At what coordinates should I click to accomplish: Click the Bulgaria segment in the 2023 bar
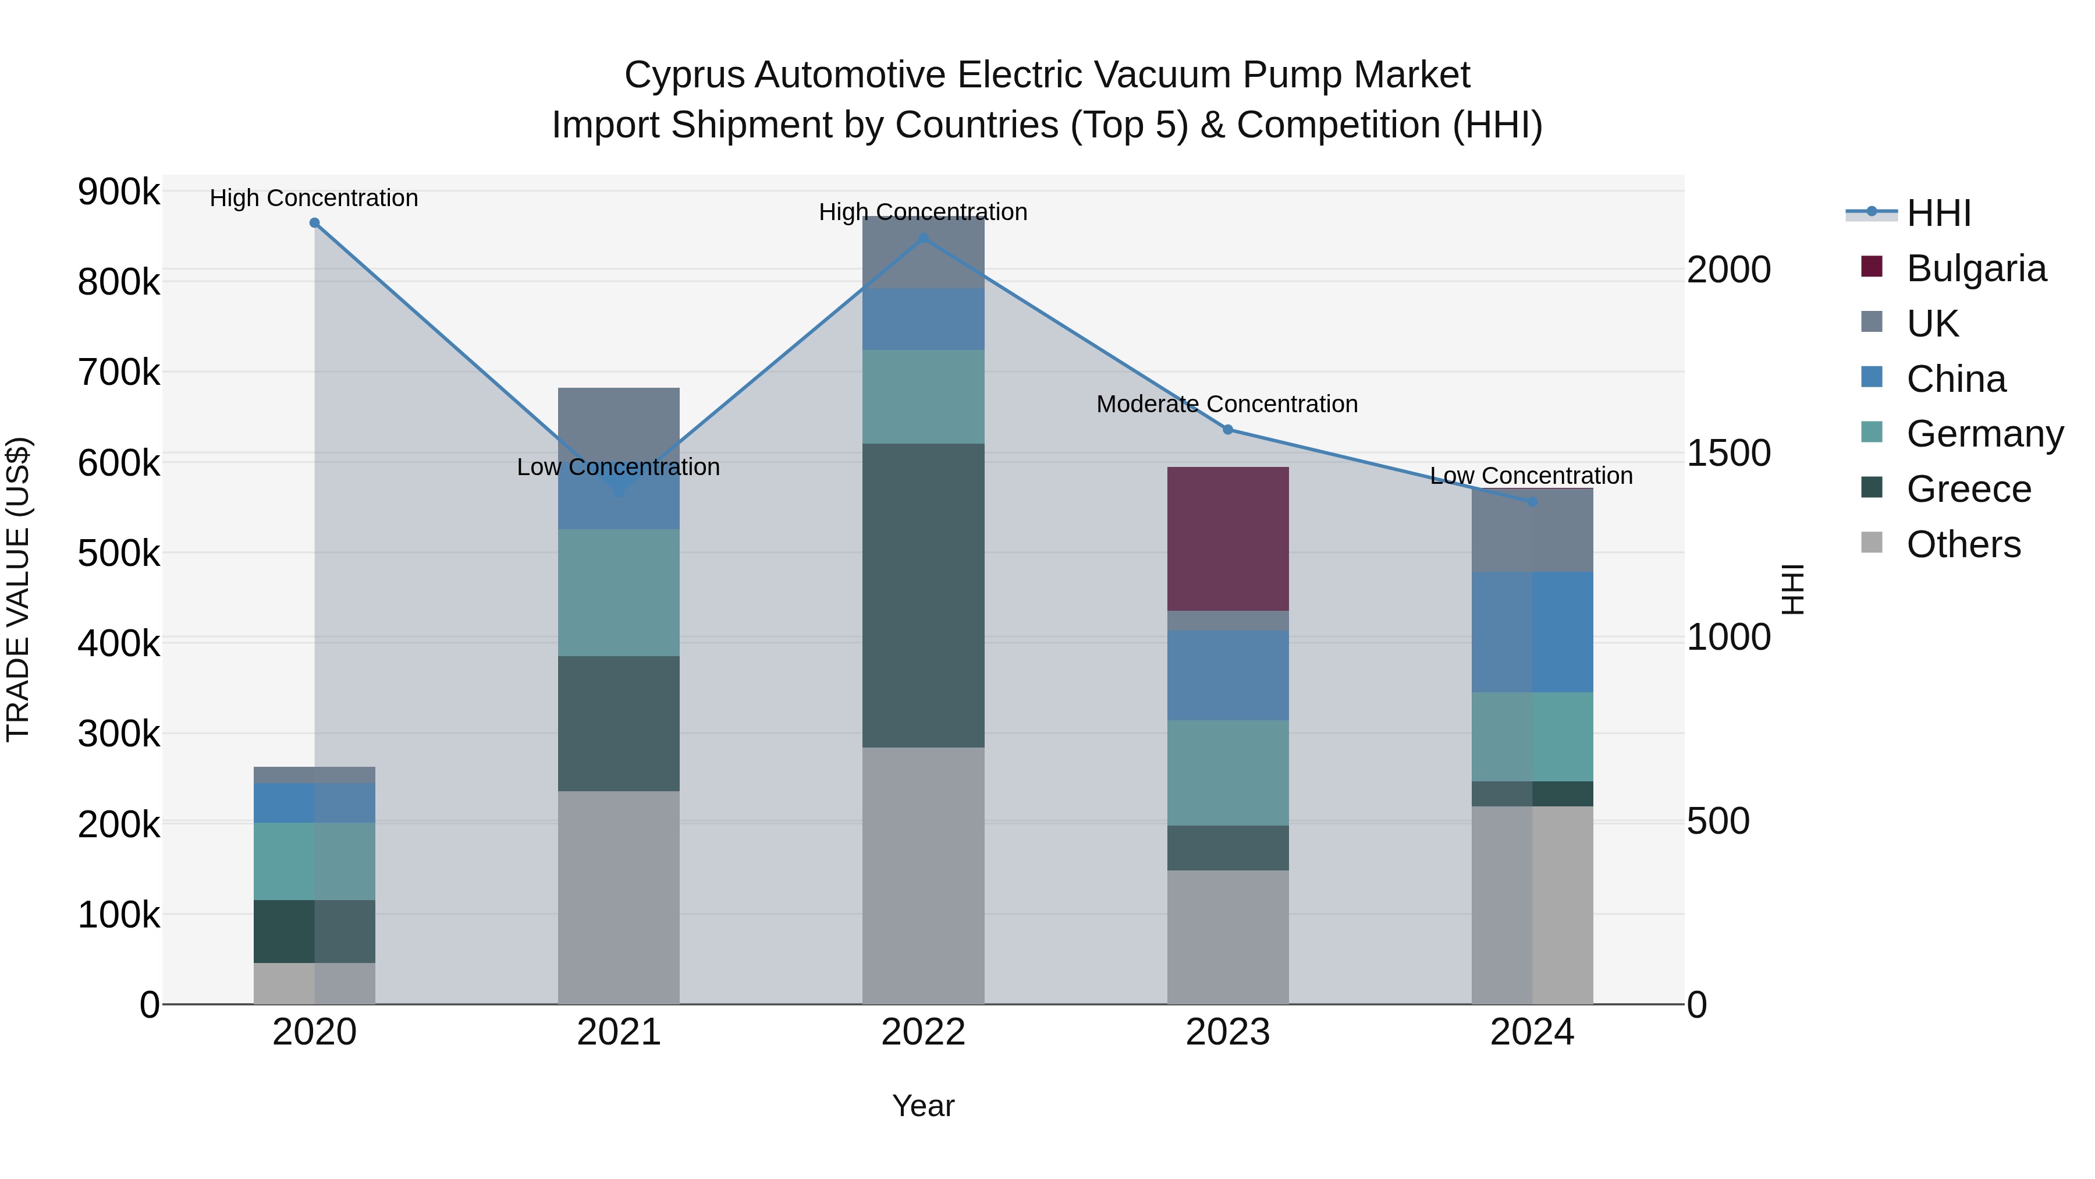[x=1227, y=539]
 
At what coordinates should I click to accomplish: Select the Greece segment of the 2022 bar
[x=923, y=595]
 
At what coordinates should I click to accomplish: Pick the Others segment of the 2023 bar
[x=1227, y=937]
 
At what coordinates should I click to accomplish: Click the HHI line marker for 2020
[x=315, y=223]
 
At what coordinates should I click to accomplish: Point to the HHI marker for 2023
[x=1228, y=430]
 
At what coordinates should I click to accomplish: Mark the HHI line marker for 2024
[x=1532, y=502]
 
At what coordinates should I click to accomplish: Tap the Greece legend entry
[x=1968, y=489]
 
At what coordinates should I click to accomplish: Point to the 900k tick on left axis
[x=119, y=193]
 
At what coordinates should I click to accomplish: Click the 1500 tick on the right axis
[x=1728, y=453]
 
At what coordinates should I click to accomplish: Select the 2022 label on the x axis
[x=923, y=1032]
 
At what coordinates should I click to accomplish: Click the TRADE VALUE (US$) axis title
[x=18, y=589]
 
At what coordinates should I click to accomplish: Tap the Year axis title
[x=923, y=1106]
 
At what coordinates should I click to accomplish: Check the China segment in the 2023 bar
[x=1227, y=675]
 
